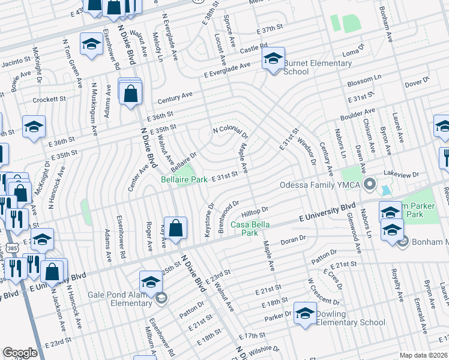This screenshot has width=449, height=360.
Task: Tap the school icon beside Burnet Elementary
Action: tap(273, 59)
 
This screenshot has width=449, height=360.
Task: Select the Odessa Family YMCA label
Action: tap(318, 185)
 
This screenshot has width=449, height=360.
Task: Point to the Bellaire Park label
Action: tap(184, 179)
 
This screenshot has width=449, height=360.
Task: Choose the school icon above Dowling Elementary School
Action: tap(305, 313)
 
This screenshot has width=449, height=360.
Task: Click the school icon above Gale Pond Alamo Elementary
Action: tap(151, 282)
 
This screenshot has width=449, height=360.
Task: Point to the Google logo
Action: tap(20, 353)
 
